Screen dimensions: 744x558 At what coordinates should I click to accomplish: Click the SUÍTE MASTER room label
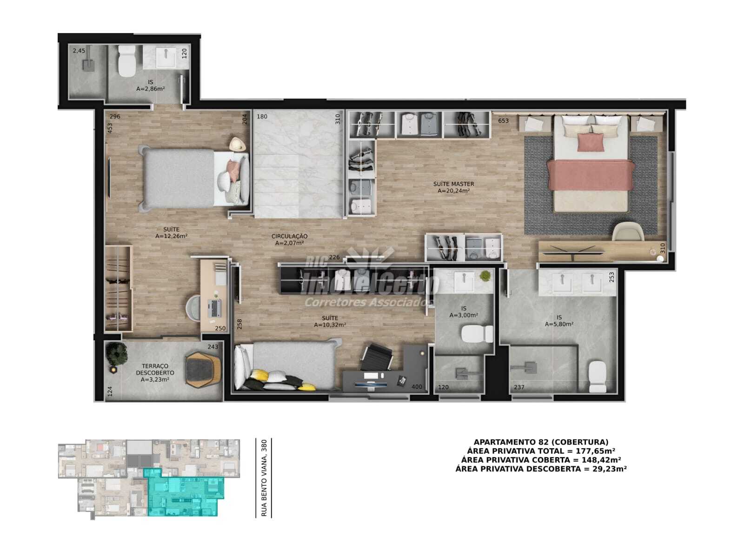[453, 184]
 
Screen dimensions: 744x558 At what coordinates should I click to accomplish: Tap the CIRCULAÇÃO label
[289, 236]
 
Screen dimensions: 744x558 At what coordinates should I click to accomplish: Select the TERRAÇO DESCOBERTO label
[155, 369]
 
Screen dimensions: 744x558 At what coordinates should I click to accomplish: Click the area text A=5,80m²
[559, 324]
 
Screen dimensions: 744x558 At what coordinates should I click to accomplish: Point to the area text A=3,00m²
[463, 315]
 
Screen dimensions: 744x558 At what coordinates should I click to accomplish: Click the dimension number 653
[503, 120]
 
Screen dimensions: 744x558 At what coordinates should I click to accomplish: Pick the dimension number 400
[417, 387]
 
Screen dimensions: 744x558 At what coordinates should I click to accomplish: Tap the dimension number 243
[213, 346]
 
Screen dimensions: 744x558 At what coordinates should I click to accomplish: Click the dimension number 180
[262, 117]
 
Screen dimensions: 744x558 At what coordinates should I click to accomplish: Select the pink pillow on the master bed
[591, 142]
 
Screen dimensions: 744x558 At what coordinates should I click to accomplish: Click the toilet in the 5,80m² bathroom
[597, 377]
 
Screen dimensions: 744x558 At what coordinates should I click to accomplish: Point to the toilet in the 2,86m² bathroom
[127, 61]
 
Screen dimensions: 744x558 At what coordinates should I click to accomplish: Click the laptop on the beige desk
[215, 308]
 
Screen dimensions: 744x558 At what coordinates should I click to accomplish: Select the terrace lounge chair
[203, 370]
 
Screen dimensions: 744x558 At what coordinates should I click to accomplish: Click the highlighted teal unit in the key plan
[185, 492]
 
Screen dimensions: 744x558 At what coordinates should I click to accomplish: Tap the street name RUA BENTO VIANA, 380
[264, 478]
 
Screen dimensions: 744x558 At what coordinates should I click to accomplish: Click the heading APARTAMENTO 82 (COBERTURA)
[541, 442]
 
